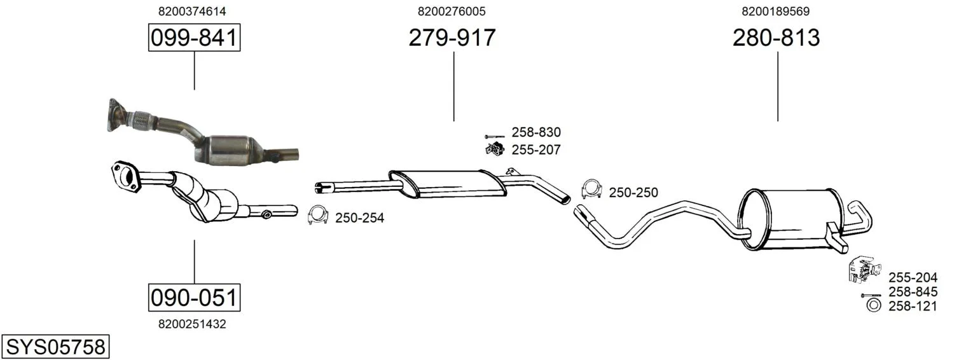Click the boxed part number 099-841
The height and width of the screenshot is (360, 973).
click(194, 38)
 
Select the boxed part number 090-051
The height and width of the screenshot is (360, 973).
click(194, 298)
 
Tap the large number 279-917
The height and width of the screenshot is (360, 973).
click(452, 38)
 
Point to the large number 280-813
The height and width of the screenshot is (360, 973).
click(776, 38)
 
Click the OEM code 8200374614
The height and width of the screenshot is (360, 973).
click(192, 11)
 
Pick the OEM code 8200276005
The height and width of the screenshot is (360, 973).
click(452, 11)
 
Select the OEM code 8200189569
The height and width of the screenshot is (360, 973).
click(776, 11)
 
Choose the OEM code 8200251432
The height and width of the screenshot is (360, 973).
click(192, 324)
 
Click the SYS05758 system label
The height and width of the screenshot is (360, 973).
click(55, 347)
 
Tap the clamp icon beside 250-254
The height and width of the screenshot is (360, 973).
click(317, 214)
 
